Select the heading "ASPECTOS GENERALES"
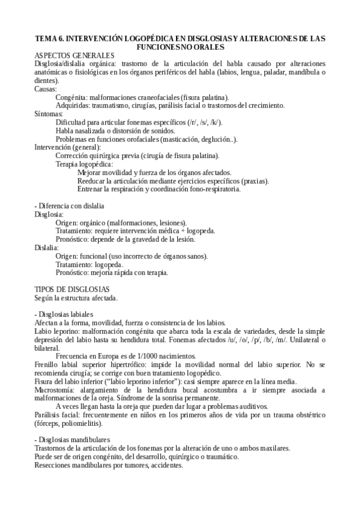click(x=70, y=55)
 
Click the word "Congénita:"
click(x=72, y=97)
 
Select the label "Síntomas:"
click(x=49, y=114)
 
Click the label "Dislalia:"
click(x=46, y=247)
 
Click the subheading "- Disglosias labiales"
click(x=64, y=315)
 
